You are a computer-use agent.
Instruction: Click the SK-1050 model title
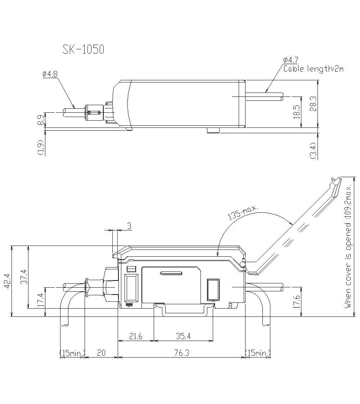[83, 50]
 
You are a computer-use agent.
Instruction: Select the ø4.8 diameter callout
[50, 74]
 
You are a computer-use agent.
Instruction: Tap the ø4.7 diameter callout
[291, 60]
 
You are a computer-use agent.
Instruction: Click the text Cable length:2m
[313, 68]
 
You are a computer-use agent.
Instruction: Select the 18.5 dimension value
[296, 112]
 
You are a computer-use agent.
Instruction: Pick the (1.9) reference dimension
[41, 147]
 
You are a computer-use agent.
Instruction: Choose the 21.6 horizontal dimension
[136, 336]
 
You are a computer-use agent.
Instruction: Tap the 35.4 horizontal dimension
[183, 336]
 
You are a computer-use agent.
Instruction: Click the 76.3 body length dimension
[181, 353]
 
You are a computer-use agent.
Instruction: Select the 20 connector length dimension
[101, 353]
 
